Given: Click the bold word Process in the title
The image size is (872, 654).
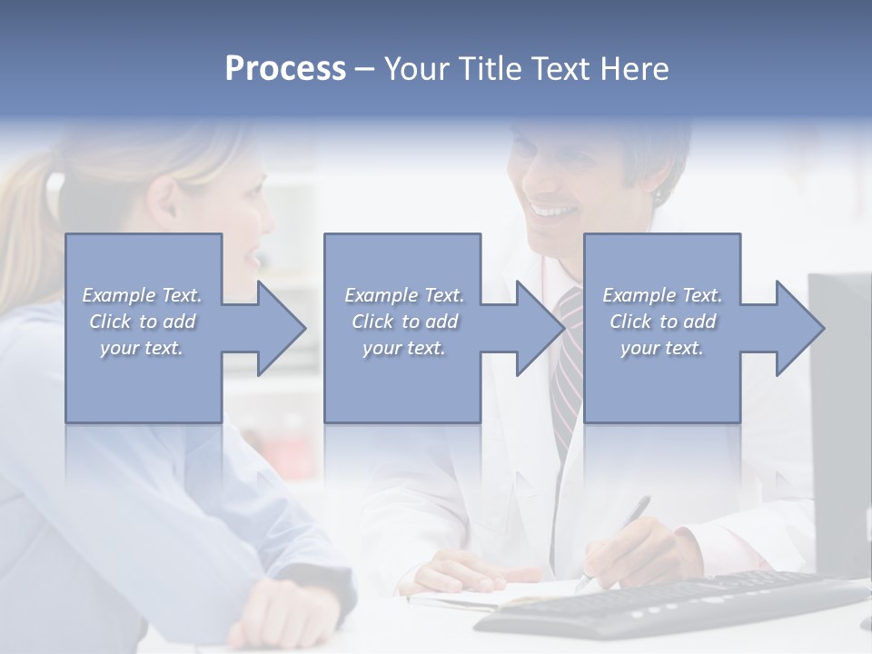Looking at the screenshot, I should pyautogui.click(x=285, y=69).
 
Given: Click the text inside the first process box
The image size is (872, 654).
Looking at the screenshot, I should pyautogui.click(x=143, y=322).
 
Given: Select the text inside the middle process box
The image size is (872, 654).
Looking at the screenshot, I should pyautogui.click(x=403, y=322).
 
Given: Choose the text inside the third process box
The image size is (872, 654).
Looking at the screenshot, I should pyautogui.click(x=662, y=322).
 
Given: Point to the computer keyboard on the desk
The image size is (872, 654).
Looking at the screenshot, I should pyautogui.click(x=672, y=604).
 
